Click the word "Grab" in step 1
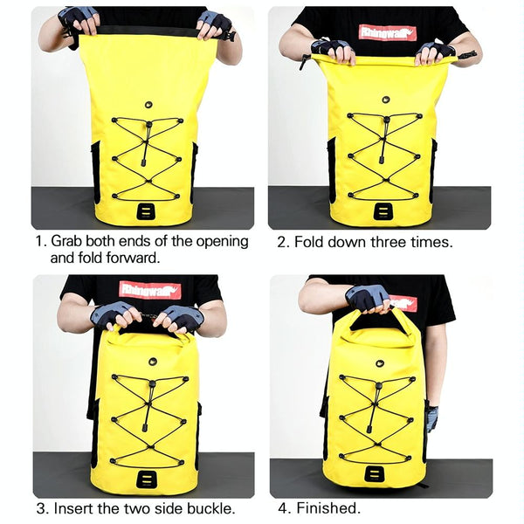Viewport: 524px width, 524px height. (66, 241)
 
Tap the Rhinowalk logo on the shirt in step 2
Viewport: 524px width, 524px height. (387, 33)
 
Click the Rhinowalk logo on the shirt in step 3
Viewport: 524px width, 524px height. (150, 290)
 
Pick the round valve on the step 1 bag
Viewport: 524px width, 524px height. (149, 105)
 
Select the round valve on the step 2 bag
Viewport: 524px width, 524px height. (386, 100)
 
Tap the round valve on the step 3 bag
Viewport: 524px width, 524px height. (153, 362)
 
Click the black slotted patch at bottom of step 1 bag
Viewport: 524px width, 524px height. (146, 211)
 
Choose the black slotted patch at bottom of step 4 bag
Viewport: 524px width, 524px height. (374, 473)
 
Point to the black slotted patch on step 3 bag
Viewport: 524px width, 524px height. (147, 479)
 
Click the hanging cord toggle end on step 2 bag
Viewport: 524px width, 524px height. (381, 160)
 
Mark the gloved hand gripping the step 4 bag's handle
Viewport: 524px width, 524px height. (368, 299)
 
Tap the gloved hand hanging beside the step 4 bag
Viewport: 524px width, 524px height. (432, 418)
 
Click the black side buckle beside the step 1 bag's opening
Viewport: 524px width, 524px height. (230, 37)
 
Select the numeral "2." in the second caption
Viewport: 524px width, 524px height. (284, 242)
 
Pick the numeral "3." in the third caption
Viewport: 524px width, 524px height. (44, 508)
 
